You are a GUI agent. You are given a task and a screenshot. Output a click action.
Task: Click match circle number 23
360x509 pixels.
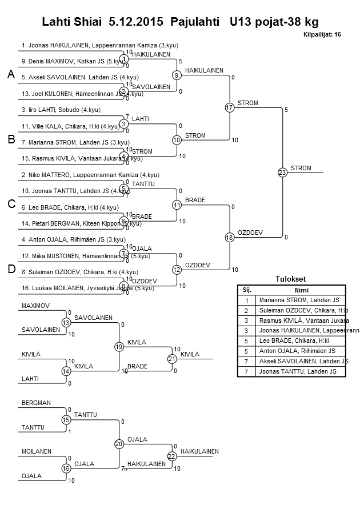click(x=282, y=172)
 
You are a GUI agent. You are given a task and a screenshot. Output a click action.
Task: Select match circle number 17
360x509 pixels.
click(x=230, y=107)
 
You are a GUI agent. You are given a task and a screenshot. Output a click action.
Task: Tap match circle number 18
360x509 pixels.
click(x=230, y=237)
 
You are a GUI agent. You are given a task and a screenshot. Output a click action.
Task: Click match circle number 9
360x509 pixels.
click(x=177, y=75)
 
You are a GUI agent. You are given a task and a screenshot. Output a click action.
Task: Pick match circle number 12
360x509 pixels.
click(x=177, y=269)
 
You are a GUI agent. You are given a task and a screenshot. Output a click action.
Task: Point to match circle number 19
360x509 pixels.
click(x=119, y=346)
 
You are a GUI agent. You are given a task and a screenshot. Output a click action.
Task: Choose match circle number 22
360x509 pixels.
click(x=171, y=456)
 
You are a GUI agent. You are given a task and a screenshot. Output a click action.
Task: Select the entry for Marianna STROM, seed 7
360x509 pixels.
click(x=75, y=142)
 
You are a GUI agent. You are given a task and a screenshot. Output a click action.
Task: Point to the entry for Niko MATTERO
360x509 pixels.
click(x=90, y=174)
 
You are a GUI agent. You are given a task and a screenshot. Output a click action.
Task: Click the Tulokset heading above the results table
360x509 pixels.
click(x=290, y=279)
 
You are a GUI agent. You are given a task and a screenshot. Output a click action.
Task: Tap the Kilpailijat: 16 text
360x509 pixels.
click(x=322, y=34)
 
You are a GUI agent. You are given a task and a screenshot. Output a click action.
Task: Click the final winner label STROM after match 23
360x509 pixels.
click(x=301, y=168)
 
